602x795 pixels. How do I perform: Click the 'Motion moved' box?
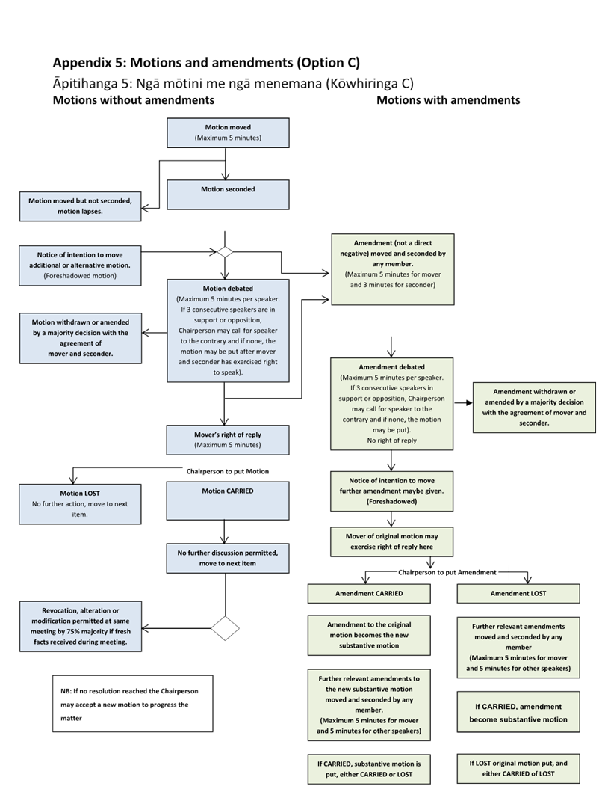click(228, 132)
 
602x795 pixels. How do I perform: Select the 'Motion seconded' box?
click(228, 194)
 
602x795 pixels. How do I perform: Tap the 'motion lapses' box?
click(80, 206)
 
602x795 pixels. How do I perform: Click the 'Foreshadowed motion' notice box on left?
click(80, 265)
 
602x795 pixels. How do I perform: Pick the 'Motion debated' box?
click(228, 330)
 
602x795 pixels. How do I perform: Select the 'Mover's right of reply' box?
click(228, 440)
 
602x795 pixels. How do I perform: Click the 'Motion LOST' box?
click(80, 503)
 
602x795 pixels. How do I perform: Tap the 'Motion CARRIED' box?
click(228, 500)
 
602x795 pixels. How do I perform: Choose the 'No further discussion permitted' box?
click(228, 558)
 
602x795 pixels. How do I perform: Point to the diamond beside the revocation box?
click(225, 627)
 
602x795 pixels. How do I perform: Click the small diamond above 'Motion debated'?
click(224, 252)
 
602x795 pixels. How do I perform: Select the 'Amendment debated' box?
click(392, 404)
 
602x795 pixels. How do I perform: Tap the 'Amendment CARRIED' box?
click(369, 593)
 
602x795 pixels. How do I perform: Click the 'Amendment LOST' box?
click(518, 593)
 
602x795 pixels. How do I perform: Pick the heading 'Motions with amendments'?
click(448, 99)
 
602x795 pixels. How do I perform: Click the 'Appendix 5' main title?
click(207, 62)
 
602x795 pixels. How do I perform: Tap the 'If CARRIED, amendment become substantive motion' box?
click(518, 713)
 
